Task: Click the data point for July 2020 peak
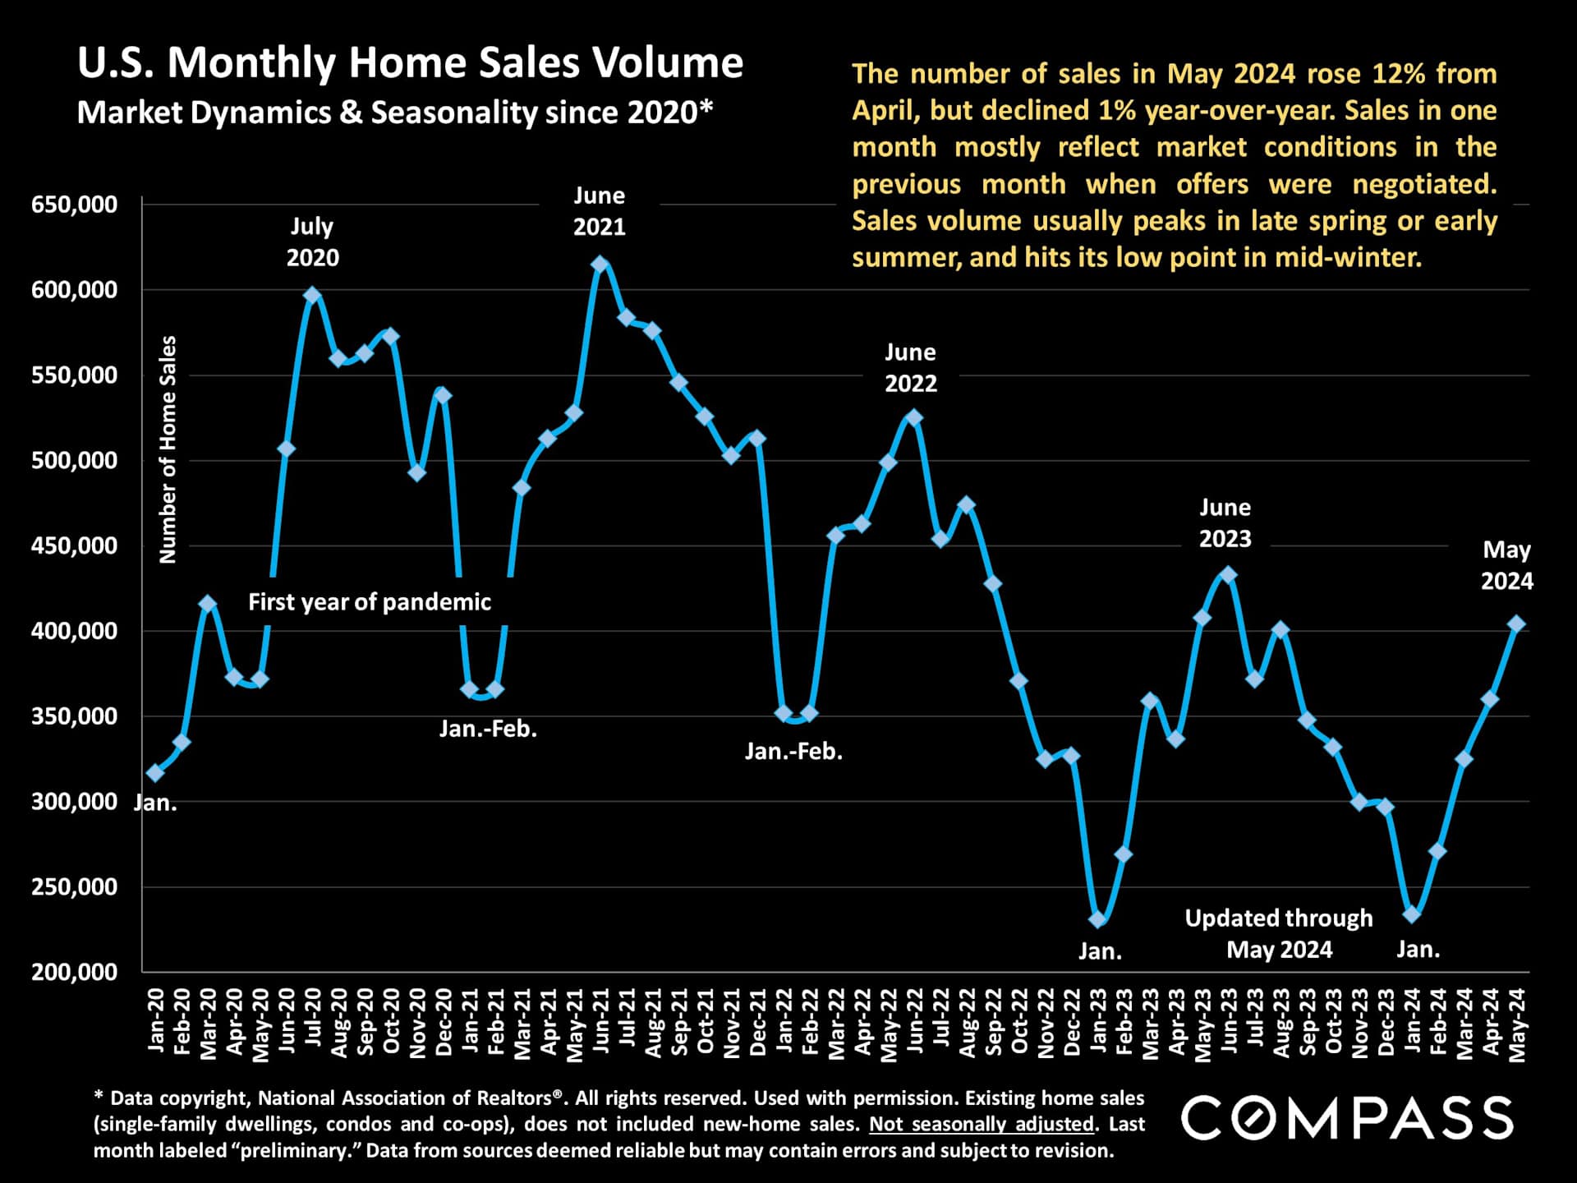point(312,296)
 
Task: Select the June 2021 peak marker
point(600,265)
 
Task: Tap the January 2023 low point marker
point(1097,919)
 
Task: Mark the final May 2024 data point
point(1516,624)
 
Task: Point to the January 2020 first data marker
point(155,773)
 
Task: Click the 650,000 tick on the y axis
point(75,205)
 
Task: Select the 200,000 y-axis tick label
point(75,972)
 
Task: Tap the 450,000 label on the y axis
point(75,545)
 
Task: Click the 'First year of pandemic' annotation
point(370,602)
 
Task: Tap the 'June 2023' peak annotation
point(1225,523)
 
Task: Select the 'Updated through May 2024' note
point(1279,933)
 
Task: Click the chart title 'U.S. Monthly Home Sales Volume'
point(410,62)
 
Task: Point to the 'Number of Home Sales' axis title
point(168,449)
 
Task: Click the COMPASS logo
point(1347,1119)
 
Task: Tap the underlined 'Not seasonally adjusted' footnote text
point(982,1124)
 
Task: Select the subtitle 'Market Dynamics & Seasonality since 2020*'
point(395,113)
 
